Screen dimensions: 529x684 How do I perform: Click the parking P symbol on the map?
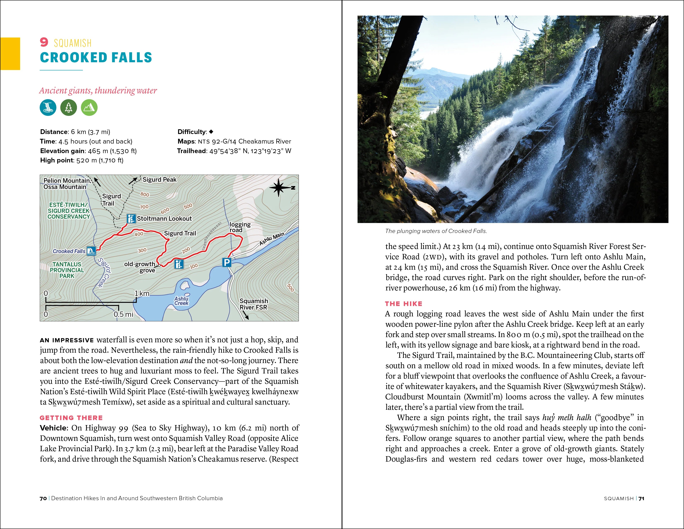(x=226, y=262)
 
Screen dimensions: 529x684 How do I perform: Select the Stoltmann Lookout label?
(x=164, y=218)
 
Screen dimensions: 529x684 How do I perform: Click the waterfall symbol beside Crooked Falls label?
(x=91, y=251)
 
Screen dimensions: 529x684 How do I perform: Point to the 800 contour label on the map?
(x=145, y=194)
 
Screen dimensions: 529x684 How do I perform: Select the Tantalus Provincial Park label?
(x=67, y=270)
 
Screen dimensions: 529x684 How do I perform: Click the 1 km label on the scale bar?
(x=142, y=293)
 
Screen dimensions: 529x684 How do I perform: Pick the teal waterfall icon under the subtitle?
(x=48, y=107)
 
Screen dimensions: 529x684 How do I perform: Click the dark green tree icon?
(x=69, y=107)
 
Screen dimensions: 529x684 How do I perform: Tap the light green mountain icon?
(x=89, y=107)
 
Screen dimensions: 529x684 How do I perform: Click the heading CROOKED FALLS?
(x=96, y=58)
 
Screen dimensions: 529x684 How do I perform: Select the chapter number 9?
(x=44, y=42)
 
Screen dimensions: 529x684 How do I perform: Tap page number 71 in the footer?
(x=642, y=498)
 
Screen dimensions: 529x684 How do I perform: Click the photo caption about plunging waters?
(x=436, y=231)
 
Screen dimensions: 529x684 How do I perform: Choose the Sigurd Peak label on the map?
(x=159, y=180)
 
